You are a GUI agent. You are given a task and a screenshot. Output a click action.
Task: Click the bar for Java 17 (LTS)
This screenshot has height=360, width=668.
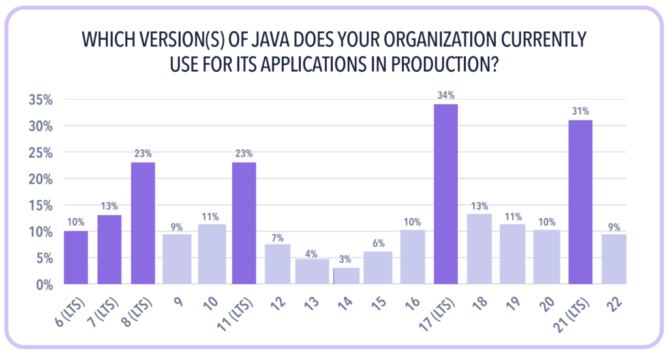pos(446,194)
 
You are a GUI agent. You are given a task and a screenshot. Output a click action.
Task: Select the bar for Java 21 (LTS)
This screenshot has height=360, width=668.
pos(580,202)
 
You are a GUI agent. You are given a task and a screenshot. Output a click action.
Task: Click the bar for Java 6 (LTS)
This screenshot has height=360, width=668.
pos(76,257)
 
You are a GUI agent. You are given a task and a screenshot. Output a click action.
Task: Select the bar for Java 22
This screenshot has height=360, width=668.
pos(614,259)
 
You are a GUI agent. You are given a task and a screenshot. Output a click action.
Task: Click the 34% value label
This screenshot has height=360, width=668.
pos(446,96)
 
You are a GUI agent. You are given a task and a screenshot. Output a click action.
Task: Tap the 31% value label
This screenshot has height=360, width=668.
pos(580,112)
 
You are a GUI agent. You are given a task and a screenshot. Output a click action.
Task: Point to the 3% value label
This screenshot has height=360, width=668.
pos(345,260)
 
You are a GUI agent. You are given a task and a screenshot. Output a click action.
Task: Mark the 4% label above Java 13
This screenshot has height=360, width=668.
pos(312,251)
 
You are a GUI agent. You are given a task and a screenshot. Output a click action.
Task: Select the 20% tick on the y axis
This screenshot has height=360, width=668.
pos(41,179)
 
